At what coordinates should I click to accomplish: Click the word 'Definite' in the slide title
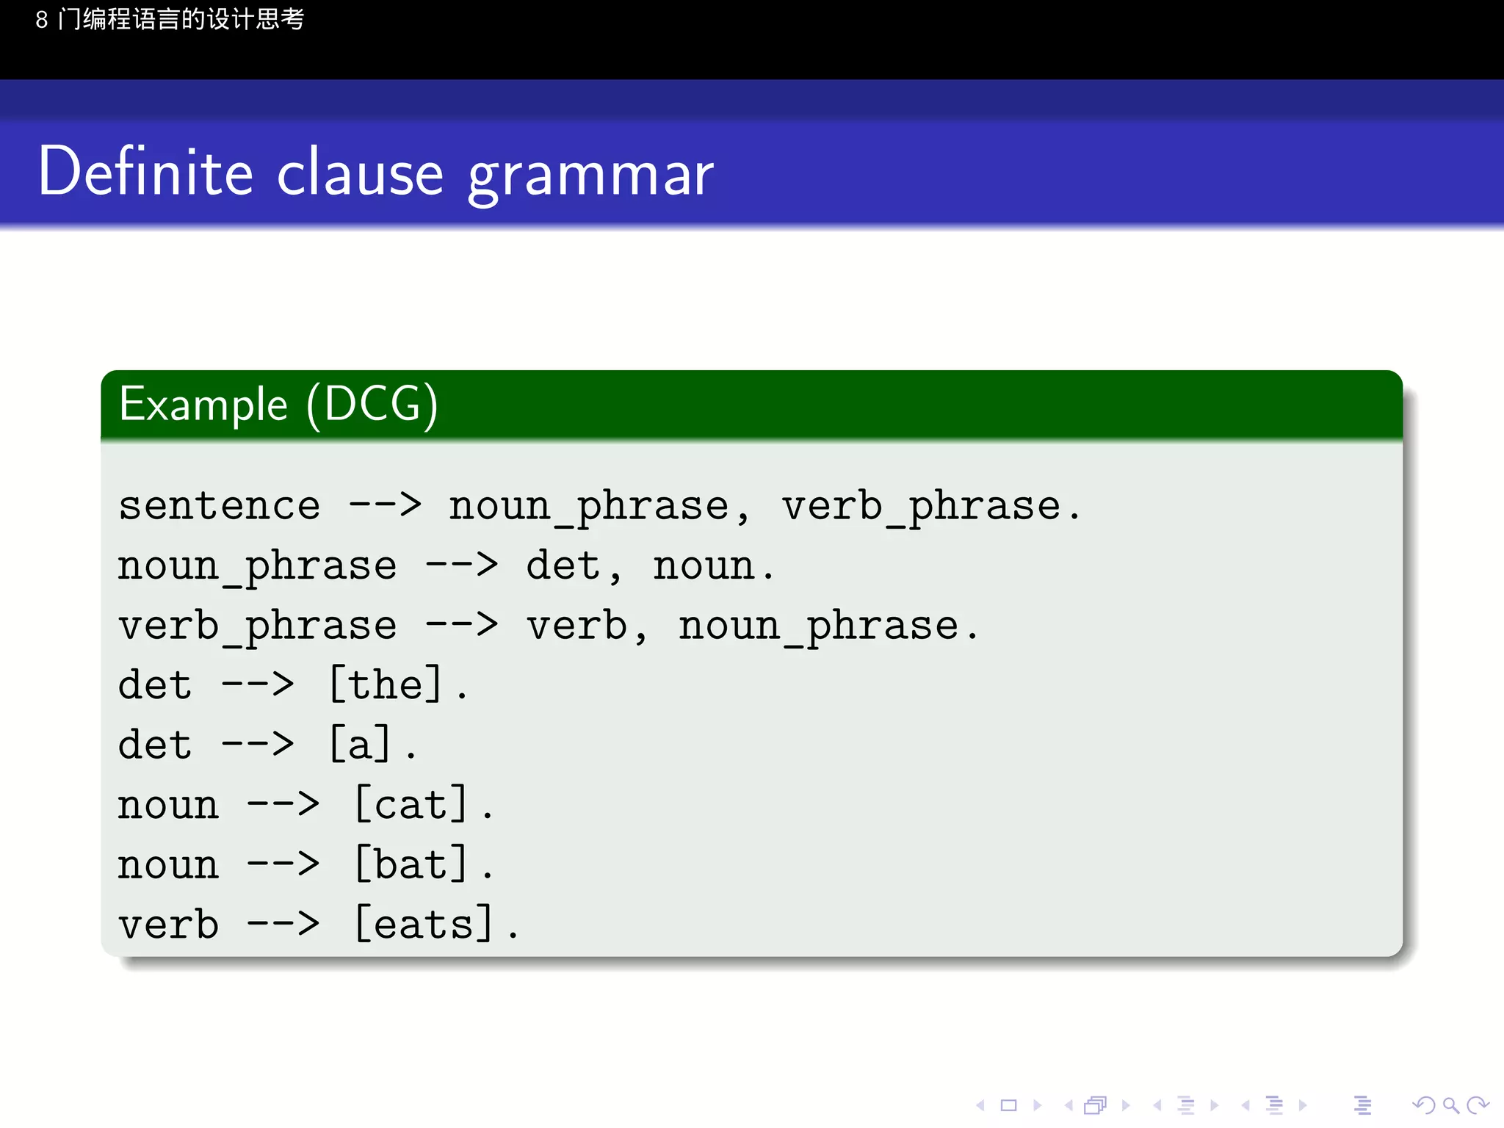[145, 172]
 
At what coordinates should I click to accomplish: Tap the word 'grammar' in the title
[590, 176]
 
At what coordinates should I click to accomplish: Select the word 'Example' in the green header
[203, 405]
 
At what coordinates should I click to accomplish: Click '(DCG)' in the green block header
[372, 405]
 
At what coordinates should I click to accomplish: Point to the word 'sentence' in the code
[220, 506]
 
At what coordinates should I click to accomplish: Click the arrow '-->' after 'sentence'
[386, 505]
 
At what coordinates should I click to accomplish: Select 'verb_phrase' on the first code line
[922, 507]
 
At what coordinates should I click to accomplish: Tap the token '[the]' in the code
[386, 684]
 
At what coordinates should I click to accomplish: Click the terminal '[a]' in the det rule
[360, 744]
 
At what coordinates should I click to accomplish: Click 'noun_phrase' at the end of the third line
[818, 626]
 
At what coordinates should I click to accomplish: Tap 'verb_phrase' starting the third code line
[258, 626]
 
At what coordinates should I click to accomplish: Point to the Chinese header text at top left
[170, 19]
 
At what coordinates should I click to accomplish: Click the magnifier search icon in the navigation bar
[1450, 1105]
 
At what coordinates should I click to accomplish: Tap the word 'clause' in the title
[361, 173]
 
